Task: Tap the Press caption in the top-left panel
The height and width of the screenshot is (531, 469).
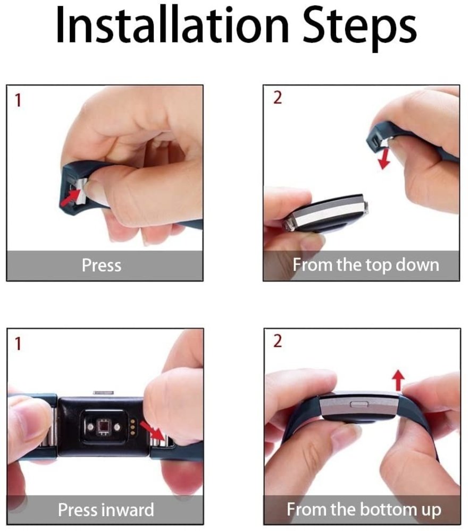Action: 102,264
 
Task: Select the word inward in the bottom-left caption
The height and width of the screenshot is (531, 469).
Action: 127,510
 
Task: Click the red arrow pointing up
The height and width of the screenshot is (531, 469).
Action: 399,381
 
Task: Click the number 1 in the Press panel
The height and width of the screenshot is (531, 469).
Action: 18,100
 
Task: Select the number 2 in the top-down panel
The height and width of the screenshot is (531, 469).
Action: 277,99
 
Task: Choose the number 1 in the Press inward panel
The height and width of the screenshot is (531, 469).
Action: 18,344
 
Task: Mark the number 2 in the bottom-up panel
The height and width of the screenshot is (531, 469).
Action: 277,341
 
